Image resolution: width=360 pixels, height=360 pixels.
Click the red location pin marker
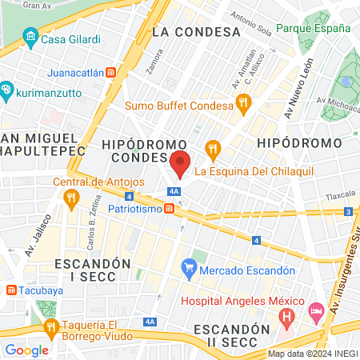pyautogui.click(x=181, y=163)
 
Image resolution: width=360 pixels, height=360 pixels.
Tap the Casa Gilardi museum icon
pyautogui.click(x=30, y=37)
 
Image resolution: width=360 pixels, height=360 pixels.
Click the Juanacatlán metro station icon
pyautogui.click(x=110, y=71)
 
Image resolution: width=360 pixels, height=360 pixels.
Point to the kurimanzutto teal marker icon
pyautogui.click(x=6, y=90)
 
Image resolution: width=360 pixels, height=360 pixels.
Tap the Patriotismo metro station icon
pyautogui.click(x=169, y=209)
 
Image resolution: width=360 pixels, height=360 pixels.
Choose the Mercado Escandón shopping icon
pyautogui.click(x=189, y=265)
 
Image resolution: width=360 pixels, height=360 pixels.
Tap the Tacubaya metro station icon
pyautogui.click(x=10, y=290)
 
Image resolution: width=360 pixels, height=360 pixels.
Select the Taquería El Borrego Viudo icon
pyautogui.click(x=52, y=326)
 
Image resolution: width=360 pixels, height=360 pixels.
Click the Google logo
pyautogui.click(x=26, y=350)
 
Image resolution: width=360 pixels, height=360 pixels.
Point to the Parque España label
pyautogui.click(x=313, y=28)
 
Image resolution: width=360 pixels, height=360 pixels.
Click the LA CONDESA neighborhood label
pyautogui.click(x=195, y=32)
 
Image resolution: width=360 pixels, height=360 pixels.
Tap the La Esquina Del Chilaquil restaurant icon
pyautogui.click(x=213, y=148)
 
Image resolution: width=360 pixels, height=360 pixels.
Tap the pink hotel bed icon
pyautogui.click(x=316, y=309)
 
